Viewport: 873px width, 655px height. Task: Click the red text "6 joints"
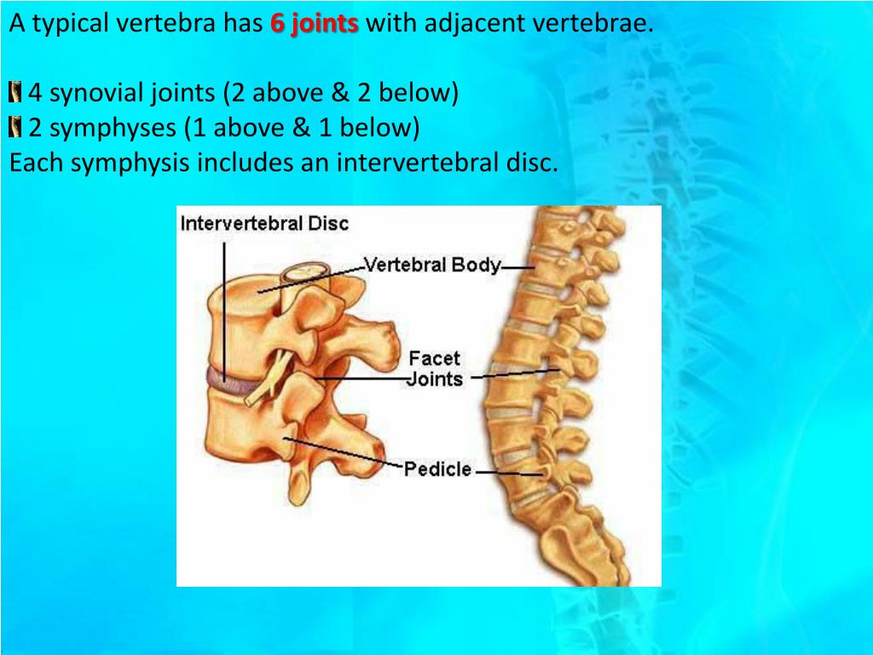click(x=315, y=24)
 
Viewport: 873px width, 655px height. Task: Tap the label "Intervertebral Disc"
click(x=264, y=223)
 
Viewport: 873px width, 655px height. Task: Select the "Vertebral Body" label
click(x=432, y=264)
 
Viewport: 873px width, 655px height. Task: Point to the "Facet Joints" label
click(x=435, y=368)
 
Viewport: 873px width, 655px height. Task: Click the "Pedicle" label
click(x=437, y=469)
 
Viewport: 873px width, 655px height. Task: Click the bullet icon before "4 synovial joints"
click(x=15, y=92)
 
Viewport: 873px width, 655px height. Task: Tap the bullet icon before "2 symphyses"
click(x=15, y=128)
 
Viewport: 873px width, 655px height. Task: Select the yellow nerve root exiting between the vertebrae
click(x=266, y=382)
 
